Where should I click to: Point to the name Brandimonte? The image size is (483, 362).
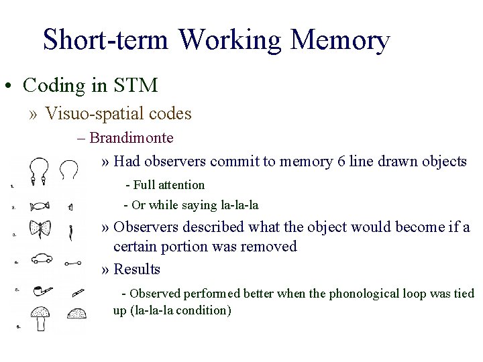(x=131, y=138)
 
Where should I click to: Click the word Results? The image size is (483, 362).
(x=137, y=269)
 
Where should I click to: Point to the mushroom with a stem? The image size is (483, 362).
(x=41, y=317)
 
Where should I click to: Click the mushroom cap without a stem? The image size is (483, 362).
(x=76, y=313)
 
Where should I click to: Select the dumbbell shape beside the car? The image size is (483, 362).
(x=73, y=263)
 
